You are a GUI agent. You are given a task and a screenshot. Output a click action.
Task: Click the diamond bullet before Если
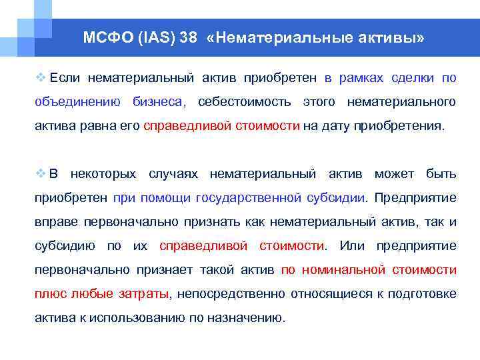click(x=40, y=78)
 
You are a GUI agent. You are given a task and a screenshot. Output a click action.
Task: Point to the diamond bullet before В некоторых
click(x=40, y=174)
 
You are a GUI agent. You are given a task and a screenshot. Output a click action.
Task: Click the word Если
click(x=65, y=78)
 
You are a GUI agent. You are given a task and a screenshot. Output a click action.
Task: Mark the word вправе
click(x=53, y=222)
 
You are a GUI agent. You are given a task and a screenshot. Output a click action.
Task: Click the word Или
click(x=352, y=246)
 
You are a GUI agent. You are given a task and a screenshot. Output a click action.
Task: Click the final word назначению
click(x=247, y=318)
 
